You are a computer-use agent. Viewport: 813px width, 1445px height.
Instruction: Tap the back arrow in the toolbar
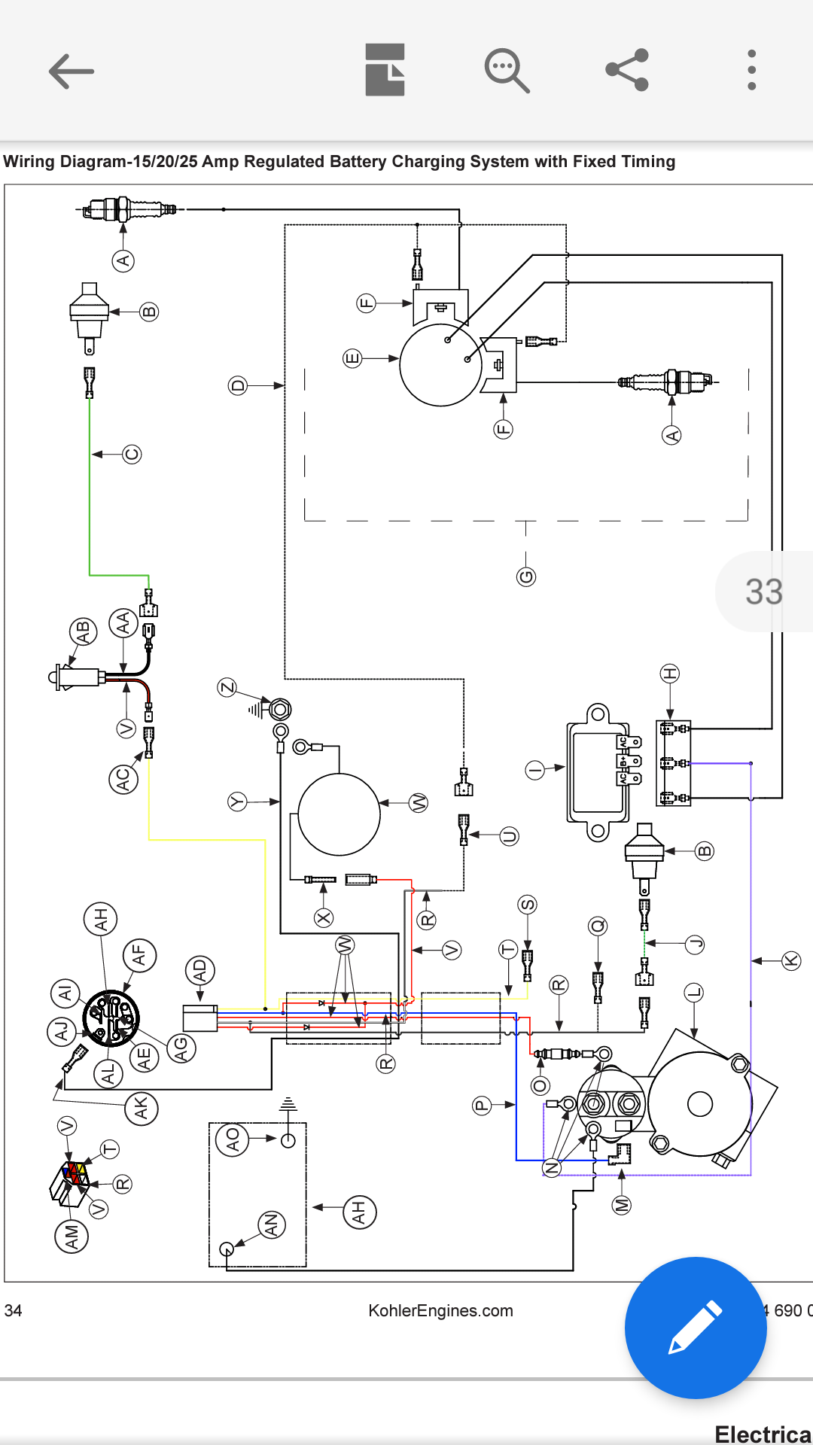[x=72, y=71]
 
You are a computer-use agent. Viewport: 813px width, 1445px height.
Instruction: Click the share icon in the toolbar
[x=627, y=70]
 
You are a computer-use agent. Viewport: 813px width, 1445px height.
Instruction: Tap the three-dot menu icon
[x=751, y=70]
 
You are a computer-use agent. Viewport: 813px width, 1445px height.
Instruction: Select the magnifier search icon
[x=507, y=71]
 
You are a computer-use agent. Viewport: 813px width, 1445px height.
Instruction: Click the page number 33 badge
[x=763, y=592]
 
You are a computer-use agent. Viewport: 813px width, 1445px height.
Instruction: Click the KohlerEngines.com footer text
[x=440, y=1310]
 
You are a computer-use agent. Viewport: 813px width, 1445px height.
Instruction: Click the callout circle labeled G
[x=526, y=577]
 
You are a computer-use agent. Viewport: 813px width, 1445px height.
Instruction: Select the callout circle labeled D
[x=238, y=386]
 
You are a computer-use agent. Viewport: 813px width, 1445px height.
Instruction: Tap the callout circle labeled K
[x=790, y=960]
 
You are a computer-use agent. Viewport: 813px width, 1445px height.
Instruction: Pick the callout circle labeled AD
[x=199, y=971]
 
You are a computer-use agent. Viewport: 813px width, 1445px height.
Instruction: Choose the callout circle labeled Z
[x=227, y=687]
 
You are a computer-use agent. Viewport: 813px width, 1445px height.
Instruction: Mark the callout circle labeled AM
[x=72, y=1236]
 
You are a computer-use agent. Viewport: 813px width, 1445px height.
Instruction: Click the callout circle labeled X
[x=324, y=917]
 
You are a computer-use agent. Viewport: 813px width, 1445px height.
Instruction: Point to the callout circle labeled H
[x=670, y=674]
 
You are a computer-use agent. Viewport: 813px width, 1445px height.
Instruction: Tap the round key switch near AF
[x=111, y=1018]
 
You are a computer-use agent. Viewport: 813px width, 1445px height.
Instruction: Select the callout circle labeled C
[x=132, y=454]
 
